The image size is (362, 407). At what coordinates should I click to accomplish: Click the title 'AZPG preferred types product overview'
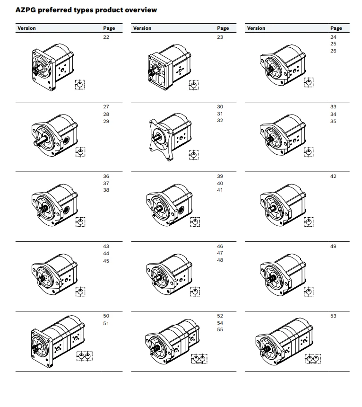point(86,9)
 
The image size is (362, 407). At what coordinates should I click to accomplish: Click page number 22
point(106,37)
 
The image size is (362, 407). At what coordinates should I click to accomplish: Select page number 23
point(220,37)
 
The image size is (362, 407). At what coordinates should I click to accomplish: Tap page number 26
point(333,51)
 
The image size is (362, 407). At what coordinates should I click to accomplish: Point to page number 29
point(106,121)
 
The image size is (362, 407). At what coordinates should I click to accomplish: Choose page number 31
point(220,114)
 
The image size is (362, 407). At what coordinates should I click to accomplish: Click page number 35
point(333,121)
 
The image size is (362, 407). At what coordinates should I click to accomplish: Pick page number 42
point(333,177)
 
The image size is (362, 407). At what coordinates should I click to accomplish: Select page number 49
point(333,247)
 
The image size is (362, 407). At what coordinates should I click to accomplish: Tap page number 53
point(333,316)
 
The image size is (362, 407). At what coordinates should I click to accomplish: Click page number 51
point(106,323)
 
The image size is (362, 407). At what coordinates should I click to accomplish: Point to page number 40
point(220,183)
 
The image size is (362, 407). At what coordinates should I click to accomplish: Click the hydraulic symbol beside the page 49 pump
point(309,292)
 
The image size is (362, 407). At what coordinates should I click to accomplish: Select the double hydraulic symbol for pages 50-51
point(85,356)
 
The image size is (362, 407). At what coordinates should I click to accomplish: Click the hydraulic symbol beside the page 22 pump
point(80,85)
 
